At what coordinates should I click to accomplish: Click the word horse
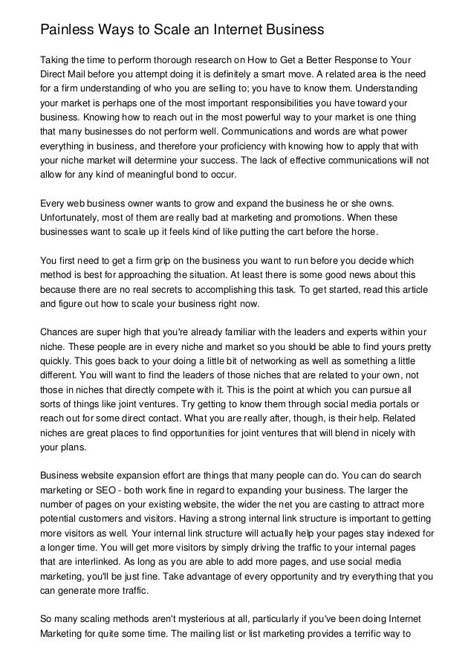coord(364,233)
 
